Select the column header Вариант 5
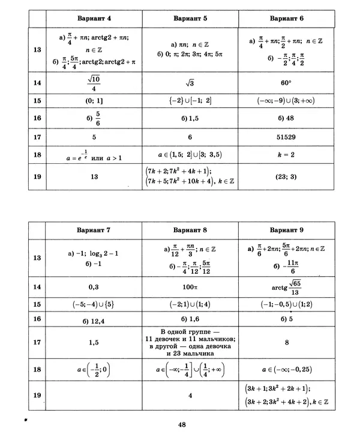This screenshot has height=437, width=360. click(x=190, y=18)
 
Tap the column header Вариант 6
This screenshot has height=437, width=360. click(x=286, y=18)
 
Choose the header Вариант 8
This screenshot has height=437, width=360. click(x=190, y=230)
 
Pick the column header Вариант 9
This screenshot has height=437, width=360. click(x=286, y=230)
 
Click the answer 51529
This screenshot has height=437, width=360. click(x=286, y=137)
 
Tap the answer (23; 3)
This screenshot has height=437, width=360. click(x=286, y=178)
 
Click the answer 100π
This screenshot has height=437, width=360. click(x=190, y=287)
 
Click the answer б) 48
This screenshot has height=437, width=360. click(x=286, y=118)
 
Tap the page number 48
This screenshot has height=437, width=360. click(x=182, y=425)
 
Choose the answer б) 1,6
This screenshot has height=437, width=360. click(x=190, y=318)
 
